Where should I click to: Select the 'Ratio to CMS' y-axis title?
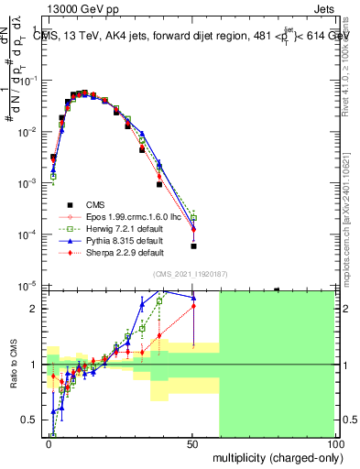[x=12, y=365]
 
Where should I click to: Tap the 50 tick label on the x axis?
[x=192, y=442]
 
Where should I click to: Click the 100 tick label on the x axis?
[x=335, y=442]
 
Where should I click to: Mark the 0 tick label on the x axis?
[x=49, y=442]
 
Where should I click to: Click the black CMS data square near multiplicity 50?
[x=193, y=245]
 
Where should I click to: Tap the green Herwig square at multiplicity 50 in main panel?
[x=193, y=218]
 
